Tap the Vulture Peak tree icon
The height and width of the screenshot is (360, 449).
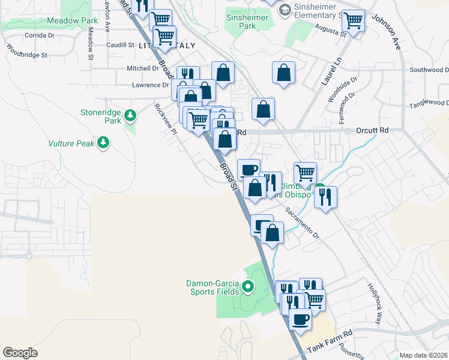[x=104, y=142]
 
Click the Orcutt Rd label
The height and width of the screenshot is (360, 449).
[x=372, y=130]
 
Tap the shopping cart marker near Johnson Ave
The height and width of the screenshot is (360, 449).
[x=354, y=21]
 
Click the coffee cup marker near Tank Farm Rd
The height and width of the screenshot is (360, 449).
[x=300, y=319]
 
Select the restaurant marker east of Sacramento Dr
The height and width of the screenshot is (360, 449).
[x=325, y=197]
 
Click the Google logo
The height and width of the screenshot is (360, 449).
[x=20, y=353]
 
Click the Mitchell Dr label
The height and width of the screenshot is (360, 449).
[x=142, y=68]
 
